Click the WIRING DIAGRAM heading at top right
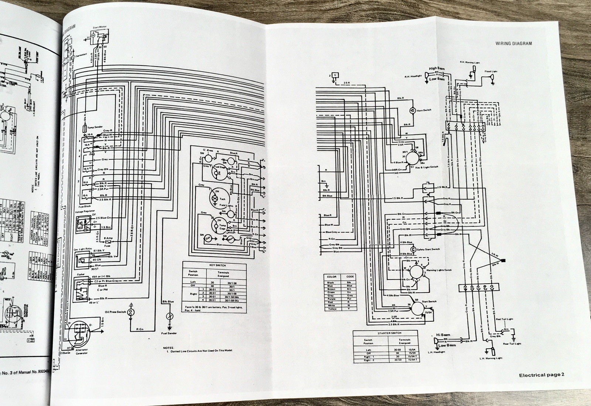(514, 43)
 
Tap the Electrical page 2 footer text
(542, 375)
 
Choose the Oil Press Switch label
(116, 312)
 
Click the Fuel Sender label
(170, 333)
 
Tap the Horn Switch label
(424, 110)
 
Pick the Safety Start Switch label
(428, 249)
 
